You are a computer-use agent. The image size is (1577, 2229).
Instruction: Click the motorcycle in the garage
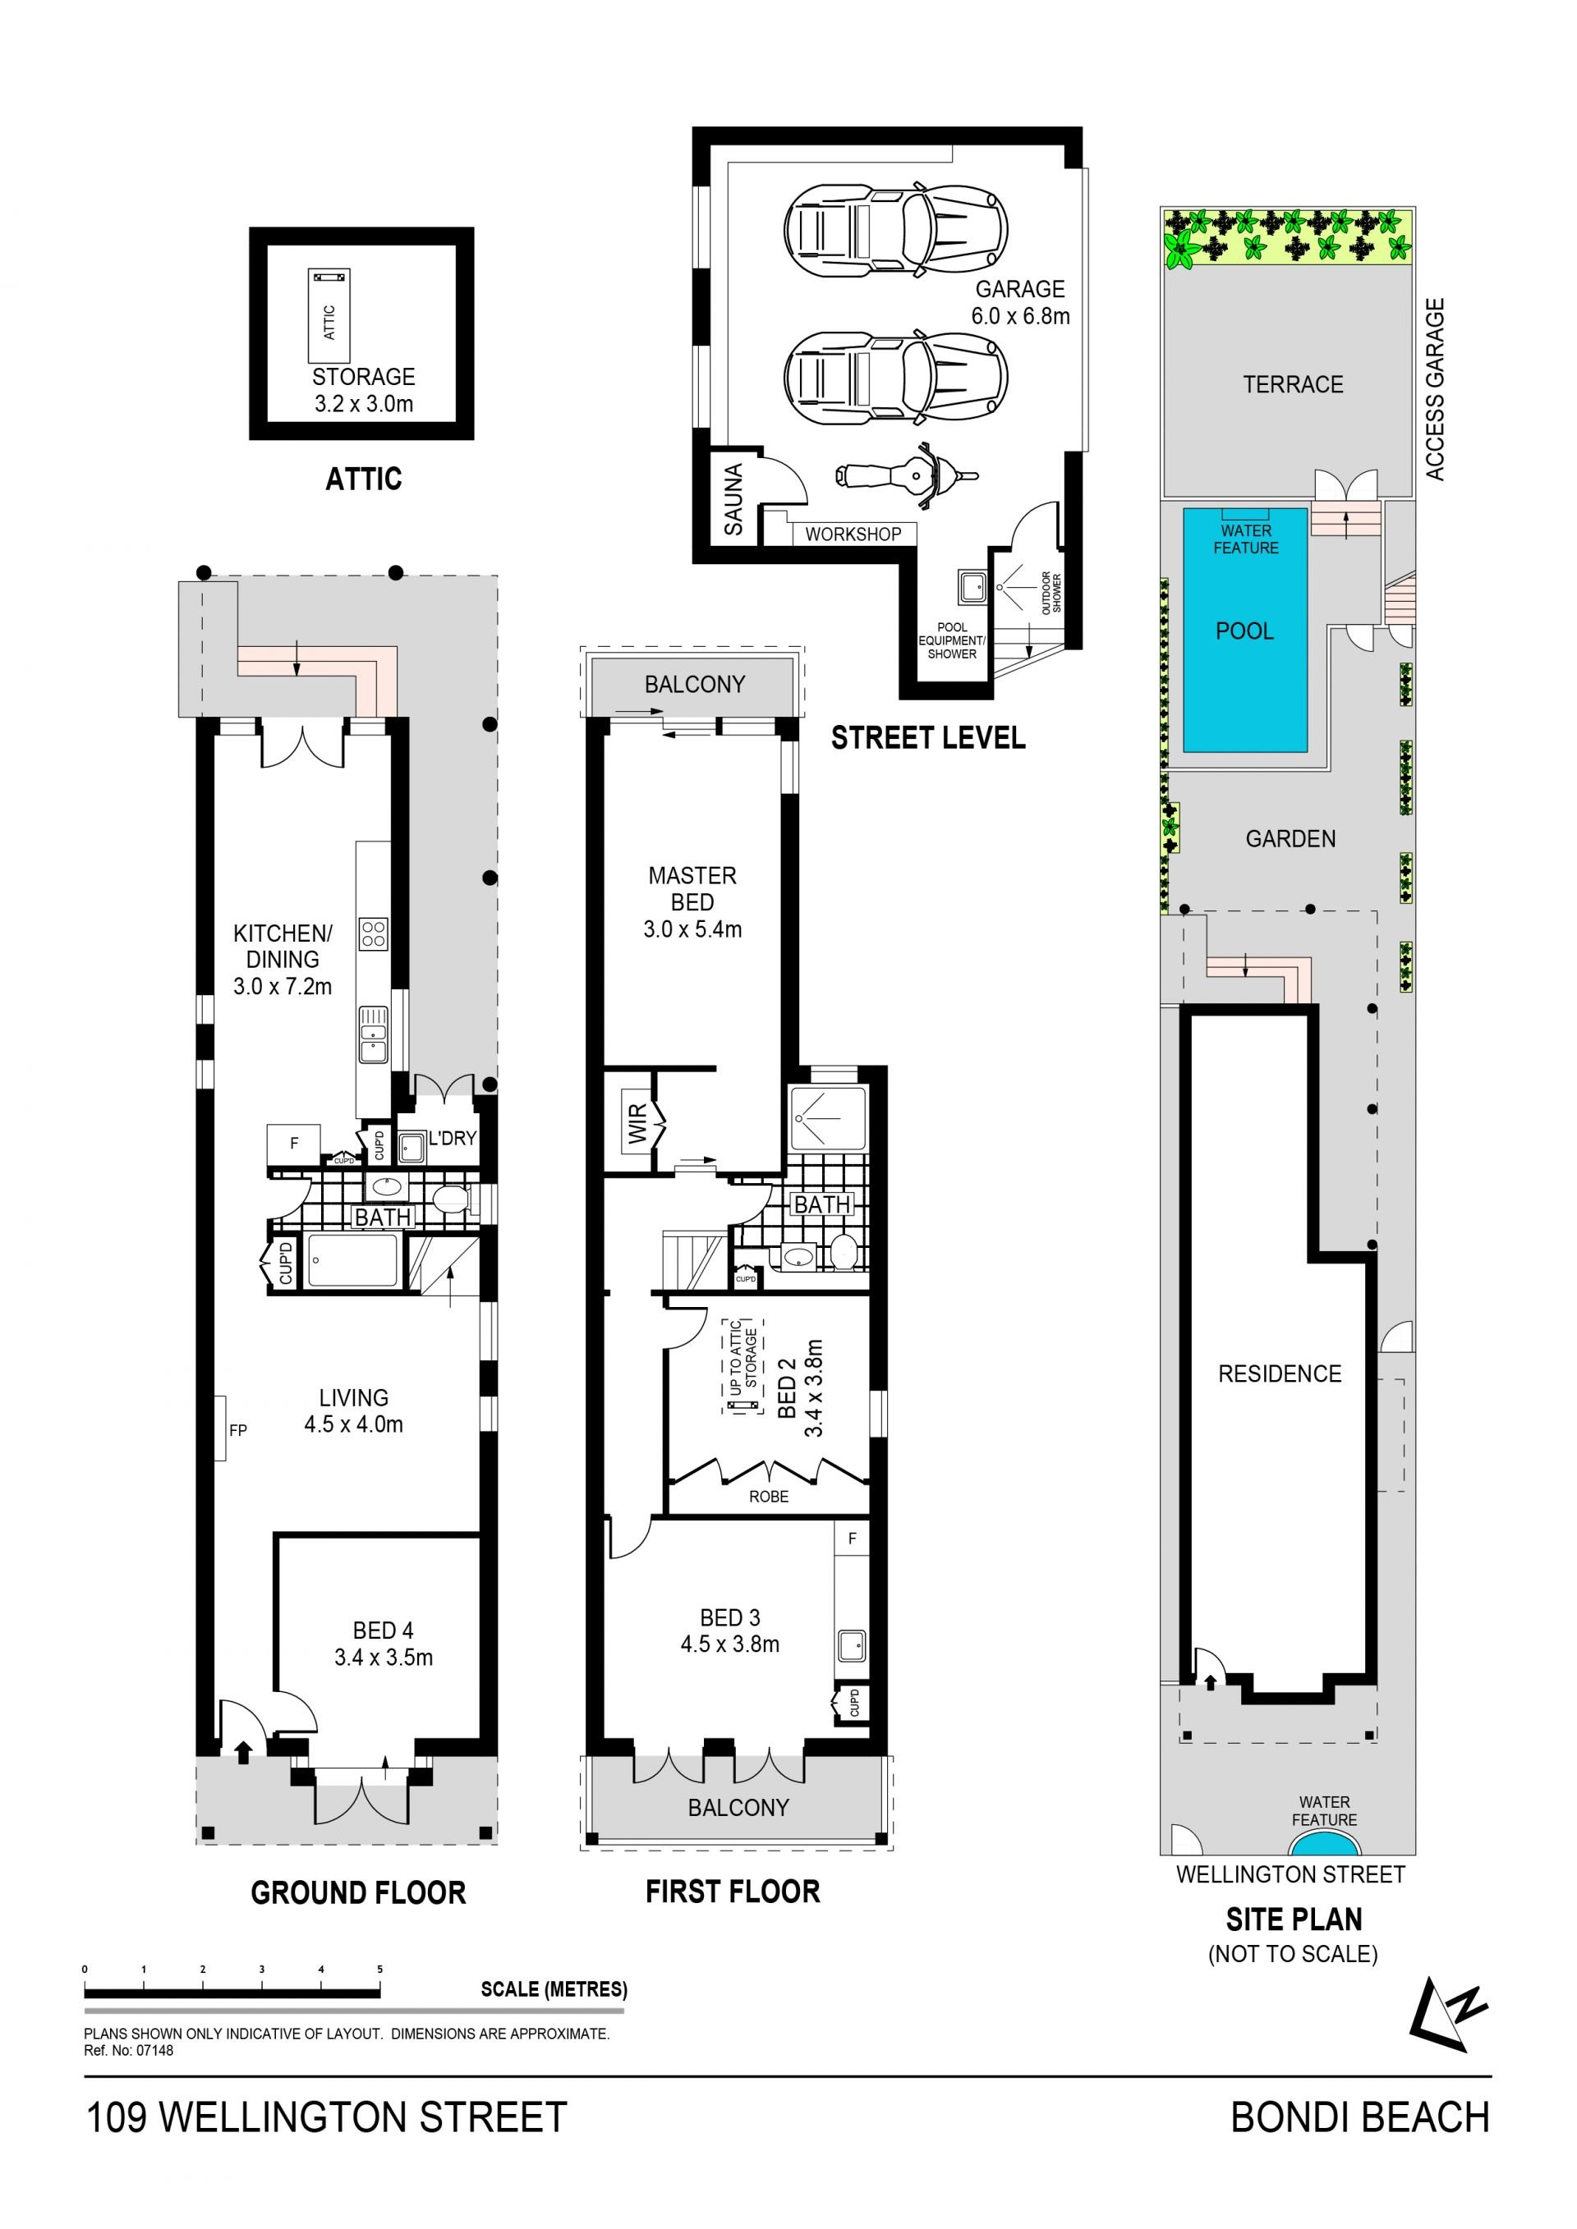pyautogui.click(x=906, y=475)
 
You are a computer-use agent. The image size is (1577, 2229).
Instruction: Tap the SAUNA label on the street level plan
pyautogui.click(x=733, y=499)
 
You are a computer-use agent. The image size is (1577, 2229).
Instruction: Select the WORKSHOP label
pyautogui.click(x=853, y=534)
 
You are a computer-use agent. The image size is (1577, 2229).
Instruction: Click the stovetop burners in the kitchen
pyautogui.click(x=374, y=934)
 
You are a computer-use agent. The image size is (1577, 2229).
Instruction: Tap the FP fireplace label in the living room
pyautogui.click(x=238, y=1430)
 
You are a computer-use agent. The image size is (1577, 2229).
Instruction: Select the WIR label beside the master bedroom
pyautogui.click(x=637, y=1123)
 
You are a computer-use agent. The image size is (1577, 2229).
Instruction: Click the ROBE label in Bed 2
pyautogui.click(x=769, y=1496)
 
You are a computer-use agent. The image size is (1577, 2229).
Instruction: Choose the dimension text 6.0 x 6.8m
pyautogui.click(x=1021, y=315)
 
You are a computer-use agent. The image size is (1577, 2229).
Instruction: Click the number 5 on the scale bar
pyautogui.click(x=379, y=1969)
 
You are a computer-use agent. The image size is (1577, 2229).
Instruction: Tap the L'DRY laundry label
pyautogui.click(x=453, y=1138)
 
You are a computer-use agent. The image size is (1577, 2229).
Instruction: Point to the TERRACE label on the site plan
pyautogui.click(x=1294, y=384)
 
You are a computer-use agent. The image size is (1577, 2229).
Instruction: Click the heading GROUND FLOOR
pyautogui.click(x=358, y=1892)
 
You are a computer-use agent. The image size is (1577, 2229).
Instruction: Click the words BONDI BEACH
pyautogui.click(x=1360, y=2117)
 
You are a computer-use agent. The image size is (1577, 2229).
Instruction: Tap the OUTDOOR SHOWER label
pyautogui.click(x=1051, y=592)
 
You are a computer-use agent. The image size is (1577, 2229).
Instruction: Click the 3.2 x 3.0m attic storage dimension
pyautogui.click(x=364, y=404)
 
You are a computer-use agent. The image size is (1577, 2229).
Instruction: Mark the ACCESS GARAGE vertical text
pyautogui.click(x=1434, y=388)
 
